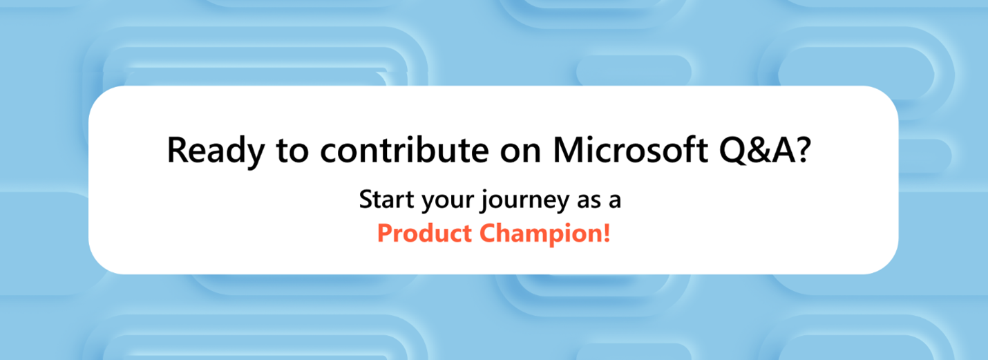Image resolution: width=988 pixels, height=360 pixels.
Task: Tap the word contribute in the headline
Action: click(x=404, y=149)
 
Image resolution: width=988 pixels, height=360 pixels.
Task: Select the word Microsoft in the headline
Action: click(x=630, y=149)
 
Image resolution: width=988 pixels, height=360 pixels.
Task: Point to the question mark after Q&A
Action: click(x=801, y=150)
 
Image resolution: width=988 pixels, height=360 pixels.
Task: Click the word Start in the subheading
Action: click(x=386, y=200)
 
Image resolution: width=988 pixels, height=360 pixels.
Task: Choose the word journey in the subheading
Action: click(x=526, y=201)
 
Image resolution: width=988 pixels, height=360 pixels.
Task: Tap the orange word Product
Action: click(x=424, y=233)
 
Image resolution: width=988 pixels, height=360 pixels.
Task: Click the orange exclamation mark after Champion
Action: click(x=607, y=233)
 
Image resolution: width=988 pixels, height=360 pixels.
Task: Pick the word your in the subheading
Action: click(x=448, y=202)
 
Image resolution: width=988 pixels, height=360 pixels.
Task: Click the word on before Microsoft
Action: click(x=520, y=153)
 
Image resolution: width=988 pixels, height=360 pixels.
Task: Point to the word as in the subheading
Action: click(x=589, y=201)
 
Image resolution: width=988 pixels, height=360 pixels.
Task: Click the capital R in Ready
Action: click(x=178, y=150)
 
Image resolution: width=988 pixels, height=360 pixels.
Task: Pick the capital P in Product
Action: click(x=385, y=234)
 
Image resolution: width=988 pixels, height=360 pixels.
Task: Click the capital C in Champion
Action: click(x=488, y=234)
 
